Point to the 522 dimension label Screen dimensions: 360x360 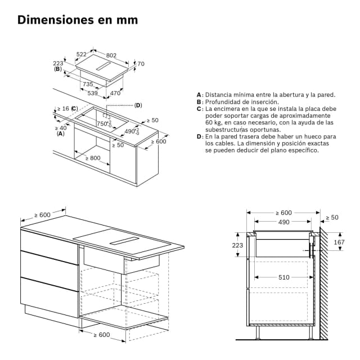[81, 55]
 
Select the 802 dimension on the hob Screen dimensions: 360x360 [111, 55]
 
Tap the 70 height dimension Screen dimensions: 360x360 [141, 64]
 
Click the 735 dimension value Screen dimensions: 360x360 [88, 84]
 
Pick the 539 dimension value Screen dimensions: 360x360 [93, 93]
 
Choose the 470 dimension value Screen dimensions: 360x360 [115, 93]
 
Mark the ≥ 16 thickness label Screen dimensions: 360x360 [62, 108]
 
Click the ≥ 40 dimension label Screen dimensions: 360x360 [61, 127]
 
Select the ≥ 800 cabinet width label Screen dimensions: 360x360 [93, 158]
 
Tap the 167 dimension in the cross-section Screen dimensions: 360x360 [339, 242]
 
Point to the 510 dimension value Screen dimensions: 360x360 [283, 277]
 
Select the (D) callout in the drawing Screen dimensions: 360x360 [138, 105]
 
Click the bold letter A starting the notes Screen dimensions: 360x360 [199, 94]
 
